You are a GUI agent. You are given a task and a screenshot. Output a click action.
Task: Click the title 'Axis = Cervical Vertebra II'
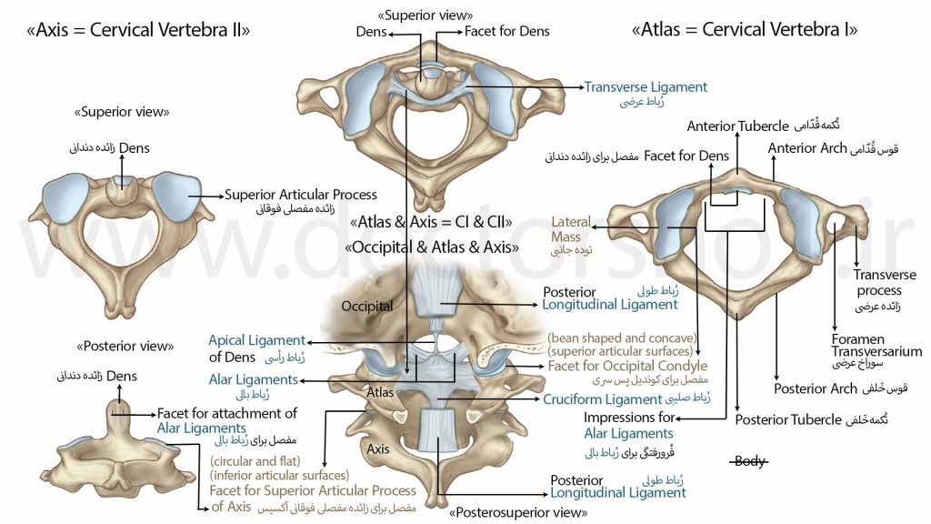pos(138,30)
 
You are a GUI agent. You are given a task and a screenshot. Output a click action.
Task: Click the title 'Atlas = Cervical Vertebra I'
pos(745,29)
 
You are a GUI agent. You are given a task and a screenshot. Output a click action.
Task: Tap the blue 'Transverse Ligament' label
pos(646,86)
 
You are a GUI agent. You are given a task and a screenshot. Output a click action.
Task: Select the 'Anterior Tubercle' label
pos(737,126)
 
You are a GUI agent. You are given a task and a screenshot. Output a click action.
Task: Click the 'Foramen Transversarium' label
pos(876,345)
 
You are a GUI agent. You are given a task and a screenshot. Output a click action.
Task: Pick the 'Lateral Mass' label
pos(571,229)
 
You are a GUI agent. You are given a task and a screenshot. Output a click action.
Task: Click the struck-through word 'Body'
pos(749,461)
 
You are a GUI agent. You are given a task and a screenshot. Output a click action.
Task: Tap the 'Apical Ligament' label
pos(256,340)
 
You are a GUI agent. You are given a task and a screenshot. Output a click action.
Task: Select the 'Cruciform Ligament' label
pos(602,399)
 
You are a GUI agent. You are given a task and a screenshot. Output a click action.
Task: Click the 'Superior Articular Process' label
pos(300,195)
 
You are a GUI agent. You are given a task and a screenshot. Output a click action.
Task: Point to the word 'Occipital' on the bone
pos(367,307)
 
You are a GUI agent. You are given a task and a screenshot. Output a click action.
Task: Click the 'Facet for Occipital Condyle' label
pos(627,366)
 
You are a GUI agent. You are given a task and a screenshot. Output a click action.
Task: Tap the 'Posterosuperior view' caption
pos(517,512)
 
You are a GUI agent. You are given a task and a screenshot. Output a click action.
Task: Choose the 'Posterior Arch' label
pos(816,388)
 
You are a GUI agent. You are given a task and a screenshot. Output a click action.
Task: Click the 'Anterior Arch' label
pos(807,148)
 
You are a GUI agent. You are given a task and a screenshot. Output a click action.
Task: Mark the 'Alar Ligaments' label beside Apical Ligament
pos(253,379)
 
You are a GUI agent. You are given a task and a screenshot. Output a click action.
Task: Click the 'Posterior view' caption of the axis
pos(125,346)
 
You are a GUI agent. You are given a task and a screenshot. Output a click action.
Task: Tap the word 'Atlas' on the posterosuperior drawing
pos(380,393)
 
